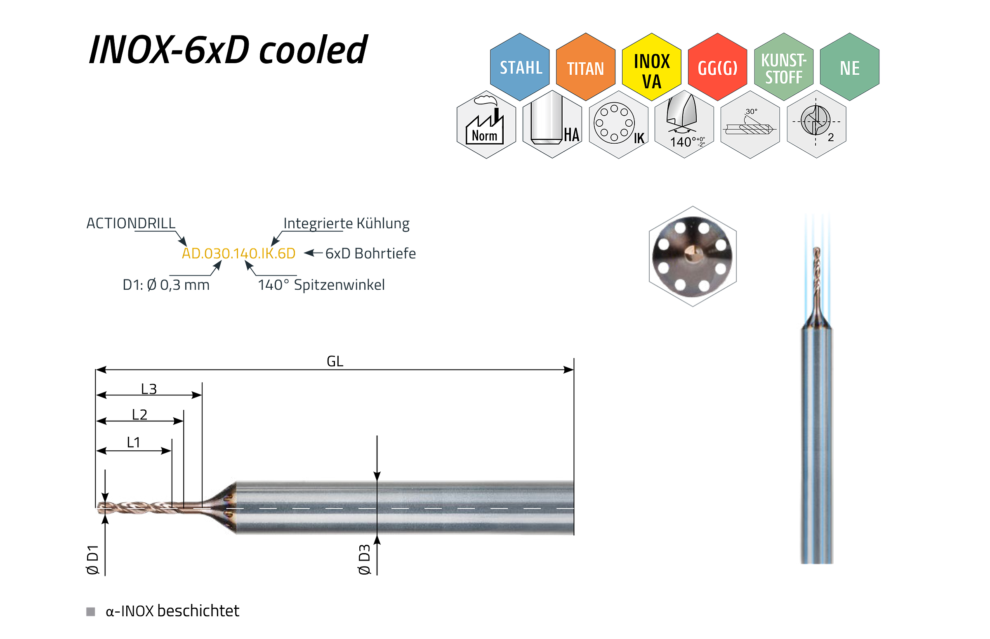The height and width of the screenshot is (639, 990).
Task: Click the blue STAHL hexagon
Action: click(519, 67)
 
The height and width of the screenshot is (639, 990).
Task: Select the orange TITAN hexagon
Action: click(585, 67)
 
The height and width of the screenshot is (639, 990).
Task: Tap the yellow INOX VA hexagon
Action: click(651, 67)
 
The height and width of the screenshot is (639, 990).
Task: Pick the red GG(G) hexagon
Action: click(717, 67)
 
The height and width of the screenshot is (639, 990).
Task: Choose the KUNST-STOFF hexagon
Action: click(783, 67)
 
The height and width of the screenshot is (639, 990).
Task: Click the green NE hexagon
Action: click(849, 67)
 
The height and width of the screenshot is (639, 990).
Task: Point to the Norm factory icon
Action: click(486, 125)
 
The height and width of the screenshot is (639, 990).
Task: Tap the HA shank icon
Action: click(552, 125)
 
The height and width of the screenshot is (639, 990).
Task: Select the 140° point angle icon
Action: click(684, 125)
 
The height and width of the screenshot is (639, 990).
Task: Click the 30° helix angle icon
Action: click(750, 125)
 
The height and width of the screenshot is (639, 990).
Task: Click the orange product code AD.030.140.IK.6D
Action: click(238, 253)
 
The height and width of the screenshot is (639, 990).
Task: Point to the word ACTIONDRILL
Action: click(131, 223)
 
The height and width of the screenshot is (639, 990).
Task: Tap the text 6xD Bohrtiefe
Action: click(370, 253)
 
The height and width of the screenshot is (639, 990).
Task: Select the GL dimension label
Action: click(335, 362)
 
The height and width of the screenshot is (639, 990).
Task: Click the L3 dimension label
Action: click(149, 389)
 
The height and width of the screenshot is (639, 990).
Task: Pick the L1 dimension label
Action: click(134, 443)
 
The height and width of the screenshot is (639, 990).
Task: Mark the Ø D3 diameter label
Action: click(364, 559)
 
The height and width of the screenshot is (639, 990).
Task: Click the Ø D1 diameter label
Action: click(92, 560)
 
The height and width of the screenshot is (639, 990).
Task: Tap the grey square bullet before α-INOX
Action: click(90, 612)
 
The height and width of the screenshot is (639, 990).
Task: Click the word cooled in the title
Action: click(313, 50)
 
